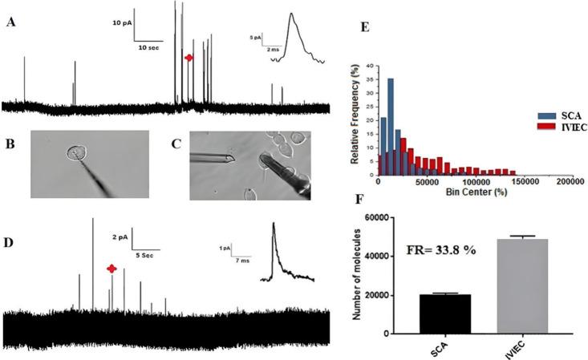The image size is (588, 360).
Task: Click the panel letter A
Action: coord(10,23)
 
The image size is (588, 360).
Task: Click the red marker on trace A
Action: coord(189,58)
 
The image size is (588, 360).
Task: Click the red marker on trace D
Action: coord(112,269)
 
